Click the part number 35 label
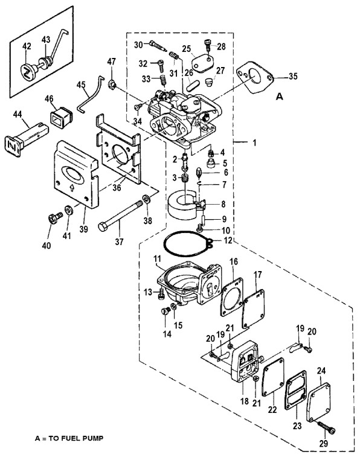point(293,76)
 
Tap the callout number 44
point(18,115)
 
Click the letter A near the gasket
point(279,97)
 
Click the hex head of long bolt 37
point(103,227)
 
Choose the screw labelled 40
point(55,218)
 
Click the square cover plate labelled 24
point(318,402)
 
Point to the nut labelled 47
point(112,85)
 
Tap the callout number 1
point(254,143)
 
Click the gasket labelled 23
point(296,391)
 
